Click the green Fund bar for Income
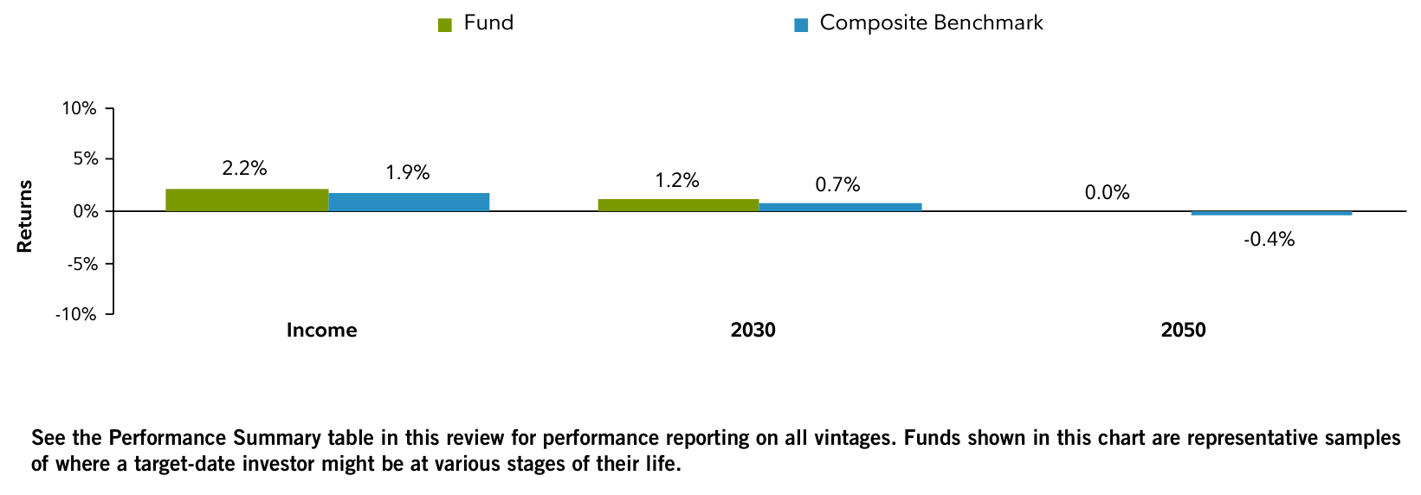[247, 200]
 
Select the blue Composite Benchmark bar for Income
[409, 202]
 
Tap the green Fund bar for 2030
[678, 205]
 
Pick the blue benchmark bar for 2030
[840, 207]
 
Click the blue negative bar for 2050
[1271, 213]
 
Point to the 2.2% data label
[244, 169]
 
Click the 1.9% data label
[407, 172]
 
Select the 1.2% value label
[676, 181]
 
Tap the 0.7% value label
[837, 184]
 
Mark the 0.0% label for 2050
[1107, 193]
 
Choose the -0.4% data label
[1269, 240]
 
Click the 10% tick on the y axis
[78, 108]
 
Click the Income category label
[321, 331]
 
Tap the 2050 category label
[1183, 331]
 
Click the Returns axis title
[24, 215]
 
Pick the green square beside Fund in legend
[445, 25]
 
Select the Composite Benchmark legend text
[931, 23]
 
